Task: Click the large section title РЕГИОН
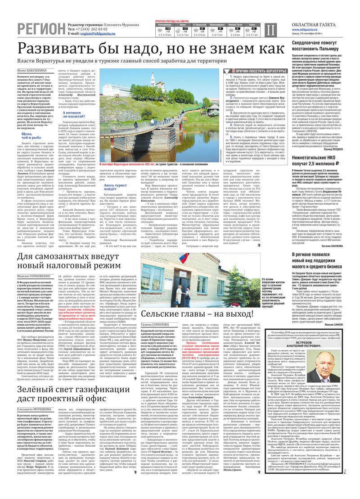pos(40,29)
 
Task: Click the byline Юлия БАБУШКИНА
pos(31,71)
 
